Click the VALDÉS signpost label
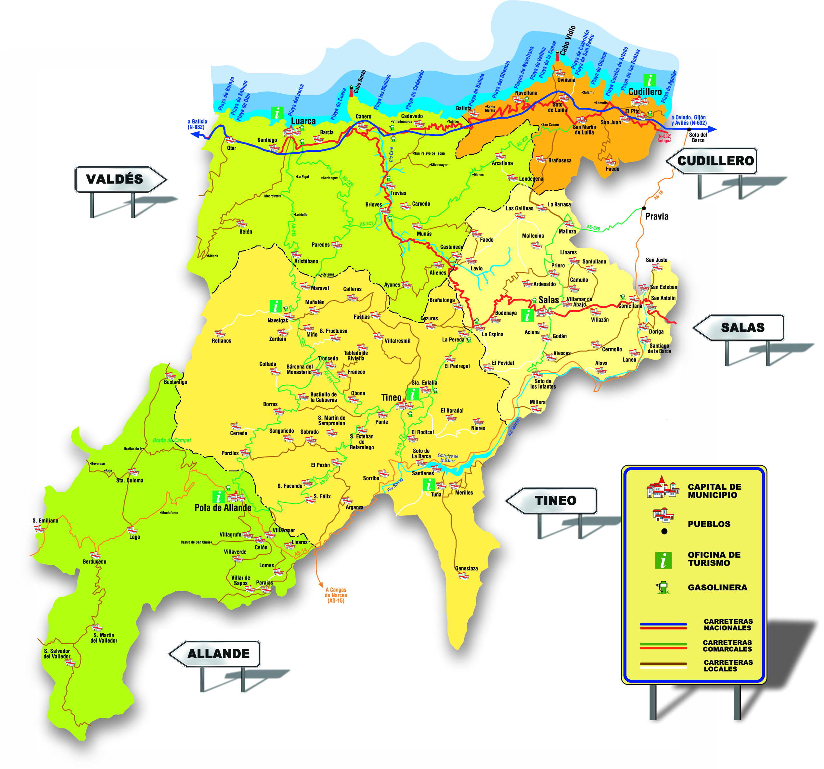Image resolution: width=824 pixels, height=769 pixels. tap(115, 179)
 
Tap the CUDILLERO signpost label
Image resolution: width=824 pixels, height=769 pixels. tap(715, 161)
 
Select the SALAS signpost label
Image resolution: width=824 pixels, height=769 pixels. tap(742, 327)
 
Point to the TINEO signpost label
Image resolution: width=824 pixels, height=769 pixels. tap(555, 501)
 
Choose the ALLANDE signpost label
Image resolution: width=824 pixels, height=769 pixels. tap(218, 654)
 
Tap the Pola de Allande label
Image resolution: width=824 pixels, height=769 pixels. tap(223, 507)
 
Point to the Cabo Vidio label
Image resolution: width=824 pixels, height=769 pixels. tap(567, 41)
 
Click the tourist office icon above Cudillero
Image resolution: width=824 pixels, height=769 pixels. tap(649, 80)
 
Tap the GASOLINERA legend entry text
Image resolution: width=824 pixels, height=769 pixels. tap(717, 587)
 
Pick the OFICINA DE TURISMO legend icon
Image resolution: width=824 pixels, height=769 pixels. tap(663, 560)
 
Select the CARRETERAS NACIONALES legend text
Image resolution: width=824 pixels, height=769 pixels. tap(728, 624)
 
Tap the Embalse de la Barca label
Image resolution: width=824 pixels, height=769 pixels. tap(448, 458)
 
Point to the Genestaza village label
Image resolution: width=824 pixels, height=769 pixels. tap(466, 569)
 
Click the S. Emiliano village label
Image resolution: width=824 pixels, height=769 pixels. tap(45, 521)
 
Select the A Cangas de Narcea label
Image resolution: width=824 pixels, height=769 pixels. tap(336, 595)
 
